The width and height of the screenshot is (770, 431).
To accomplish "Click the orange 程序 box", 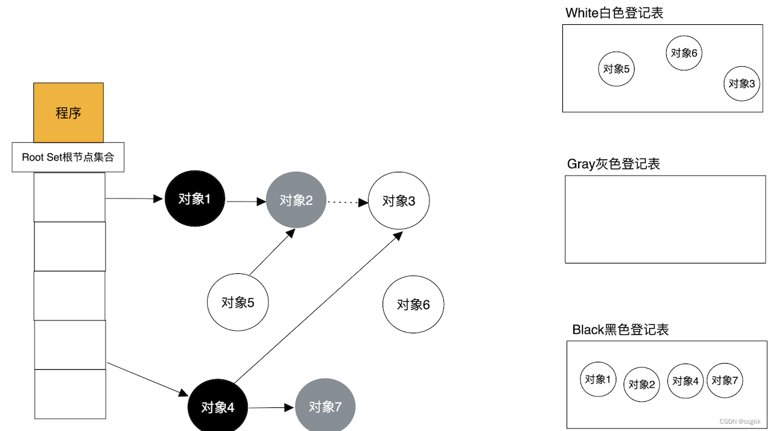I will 68,113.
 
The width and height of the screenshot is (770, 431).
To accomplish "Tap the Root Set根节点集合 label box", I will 68,157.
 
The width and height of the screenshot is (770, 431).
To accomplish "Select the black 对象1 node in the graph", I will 194,199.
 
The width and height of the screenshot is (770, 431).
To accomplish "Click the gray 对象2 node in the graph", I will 296,200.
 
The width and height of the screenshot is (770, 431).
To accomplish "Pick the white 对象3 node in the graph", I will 398,201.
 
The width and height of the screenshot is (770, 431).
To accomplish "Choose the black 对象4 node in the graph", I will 217,407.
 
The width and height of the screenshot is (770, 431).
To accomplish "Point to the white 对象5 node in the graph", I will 237,302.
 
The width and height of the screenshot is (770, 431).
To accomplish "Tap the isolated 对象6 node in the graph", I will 413,304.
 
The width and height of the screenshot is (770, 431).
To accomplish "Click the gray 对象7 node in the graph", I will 325,406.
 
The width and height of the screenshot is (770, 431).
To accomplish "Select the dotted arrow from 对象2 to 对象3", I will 347,202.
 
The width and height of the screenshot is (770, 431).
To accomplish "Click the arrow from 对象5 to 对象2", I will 272,252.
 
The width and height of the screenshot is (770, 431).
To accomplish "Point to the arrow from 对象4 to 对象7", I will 271,407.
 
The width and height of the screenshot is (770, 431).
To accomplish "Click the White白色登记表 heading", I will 614,13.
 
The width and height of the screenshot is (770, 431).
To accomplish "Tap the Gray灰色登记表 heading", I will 613,164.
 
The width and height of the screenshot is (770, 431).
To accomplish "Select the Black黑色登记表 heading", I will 620,330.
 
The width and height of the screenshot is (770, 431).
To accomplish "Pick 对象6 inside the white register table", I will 684,53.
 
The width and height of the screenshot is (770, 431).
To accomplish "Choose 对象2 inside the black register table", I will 641,384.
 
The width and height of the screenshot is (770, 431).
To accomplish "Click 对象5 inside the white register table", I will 616,69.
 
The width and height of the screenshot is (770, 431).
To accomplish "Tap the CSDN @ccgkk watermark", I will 740,421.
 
